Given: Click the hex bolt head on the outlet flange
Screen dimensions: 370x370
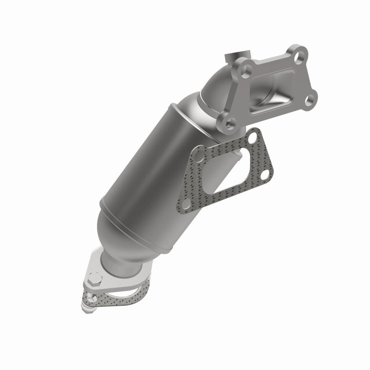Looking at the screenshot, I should pyautogui.click(x=94, y=280).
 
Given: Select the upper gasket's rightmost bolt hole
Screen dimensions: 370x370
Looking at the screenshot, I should pyautogui.click(x=265, y=175).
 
